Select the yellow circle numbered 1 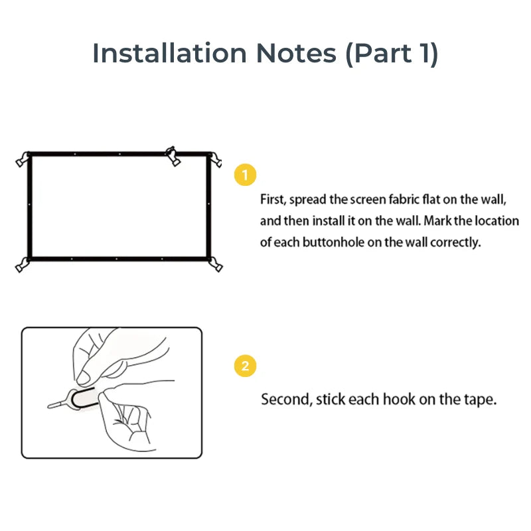tap(246, 175)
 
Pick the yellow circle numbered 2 tap(246, 366)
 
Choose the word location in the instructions tap(497, 220)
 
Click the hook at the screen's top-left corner tap(23, 160)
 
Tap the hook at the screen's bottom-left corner tap(22, 264)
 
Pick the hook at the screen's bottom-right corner tap(215, 264)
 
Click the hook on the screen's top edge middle tap(173, 155)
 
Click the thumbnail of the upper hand tap(85, 378)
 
